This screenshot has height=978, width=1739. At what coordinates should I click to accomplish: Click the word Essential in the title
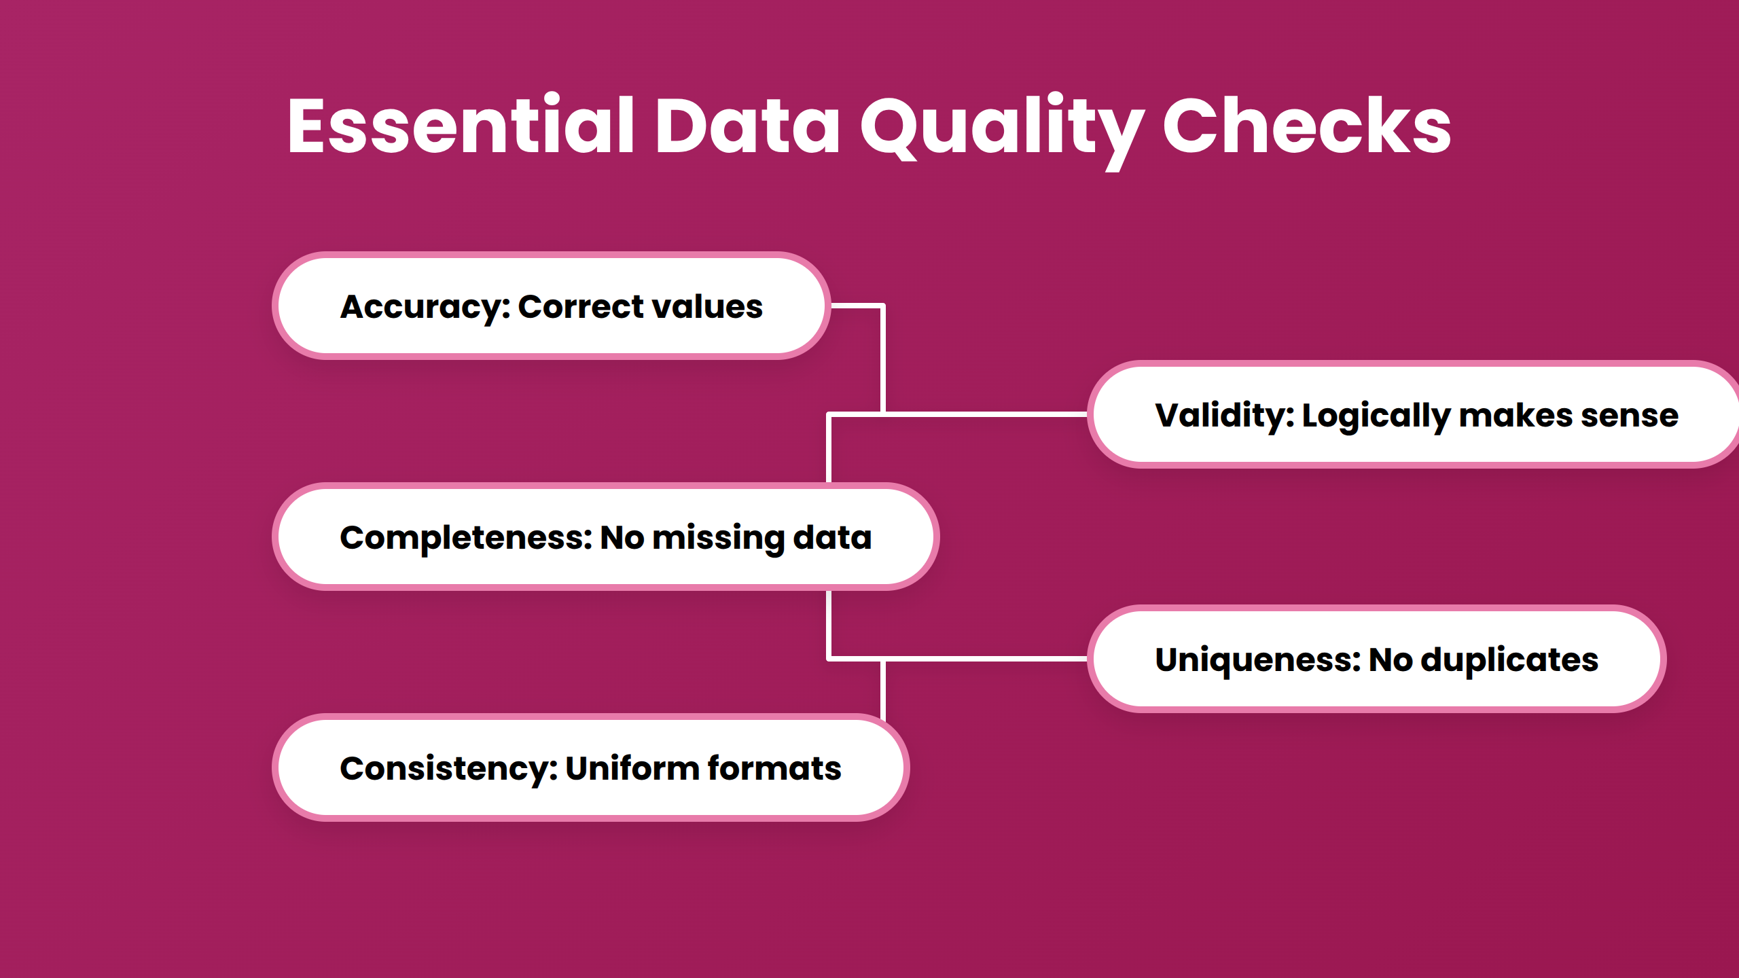pos(460,126)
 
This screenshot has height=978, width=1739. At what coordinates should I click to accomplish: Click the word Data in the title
pos(747,126)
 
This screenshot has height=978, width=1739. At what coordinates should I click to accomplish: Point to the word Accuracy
pos(425,307)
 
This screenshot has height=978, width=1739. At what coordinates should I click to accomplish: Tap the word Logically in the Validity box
pos(1376,416)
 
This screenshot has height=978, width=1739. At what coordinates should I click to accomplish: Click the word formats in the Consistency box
pos(774,768)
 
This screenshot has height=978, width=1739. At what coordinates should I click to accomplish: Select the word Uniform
pos(632,768)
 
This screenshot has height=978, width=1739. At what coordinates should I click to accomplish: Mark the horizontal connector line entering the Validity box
pos(985,414)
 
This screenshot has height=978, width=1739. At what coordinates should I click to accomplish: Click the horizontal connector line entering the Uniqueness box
pos(985,658)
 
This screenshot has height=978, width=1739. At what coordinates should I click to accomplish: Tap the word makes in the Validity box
pos(1516,415)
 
